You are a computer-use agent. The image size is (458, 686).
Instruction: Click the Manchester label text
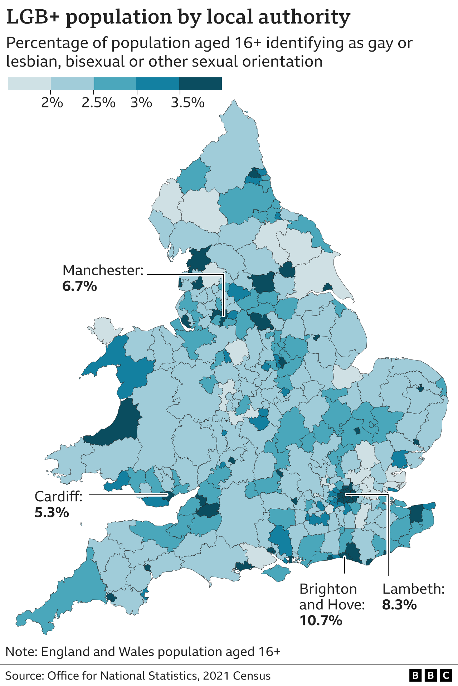click(103, 270)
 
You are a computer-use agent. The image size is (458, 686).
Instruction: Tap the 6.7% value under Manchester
click(79, 286)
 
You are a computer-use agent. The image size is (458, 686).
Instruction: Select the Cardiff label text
click(58, 497)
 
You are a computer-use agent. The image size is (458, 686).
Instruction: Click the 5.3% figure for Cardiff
click(52, 513)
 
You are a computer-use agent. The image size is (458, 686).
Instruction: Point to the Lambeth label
click(413, 589)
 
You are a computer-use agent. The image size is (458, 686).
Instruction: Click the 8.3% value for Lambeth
click(399, 605)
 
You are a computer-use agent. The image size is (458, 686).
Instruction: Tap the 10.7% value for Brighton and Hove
click(321, 620)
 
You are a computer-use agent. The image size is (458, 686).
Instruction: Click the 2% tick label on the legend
click(52, 103)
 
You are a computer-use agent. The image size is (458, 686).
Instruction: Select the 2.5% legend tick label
click(98, 103)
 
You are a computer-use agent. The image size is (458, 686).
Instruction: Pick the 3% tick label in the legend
click(141, 103)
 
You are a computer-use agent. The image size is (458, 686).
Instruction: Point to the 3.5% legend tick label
click(187, 103)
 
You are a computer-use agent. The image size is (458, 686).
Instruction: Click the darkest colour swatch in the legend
click(200, 84)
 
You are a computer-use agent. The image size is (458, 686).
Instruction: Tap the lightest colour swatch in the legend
click(29, 84)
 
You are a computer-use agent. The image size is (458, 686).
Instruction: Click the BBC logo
click(430, 676)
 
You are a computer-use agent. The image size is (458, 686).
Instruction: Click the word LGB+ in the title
click(34, 17)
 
